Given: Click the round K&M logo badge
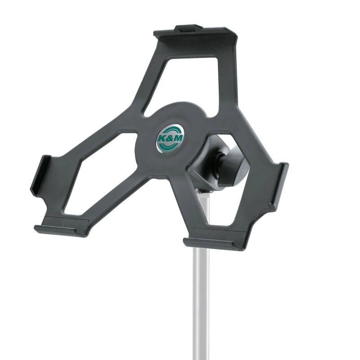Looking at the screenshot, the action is click(x=170, y=139).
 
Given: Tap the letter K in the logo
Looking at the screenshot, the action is click(x=162, y=139).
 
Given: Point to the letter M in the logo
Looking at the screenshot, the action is click(x=179, y=138).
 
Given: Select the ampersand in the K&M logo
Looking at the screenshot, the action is click(x=170, y=139).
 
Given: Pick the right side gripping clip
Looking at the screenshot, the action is click(x=279, y=186).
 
